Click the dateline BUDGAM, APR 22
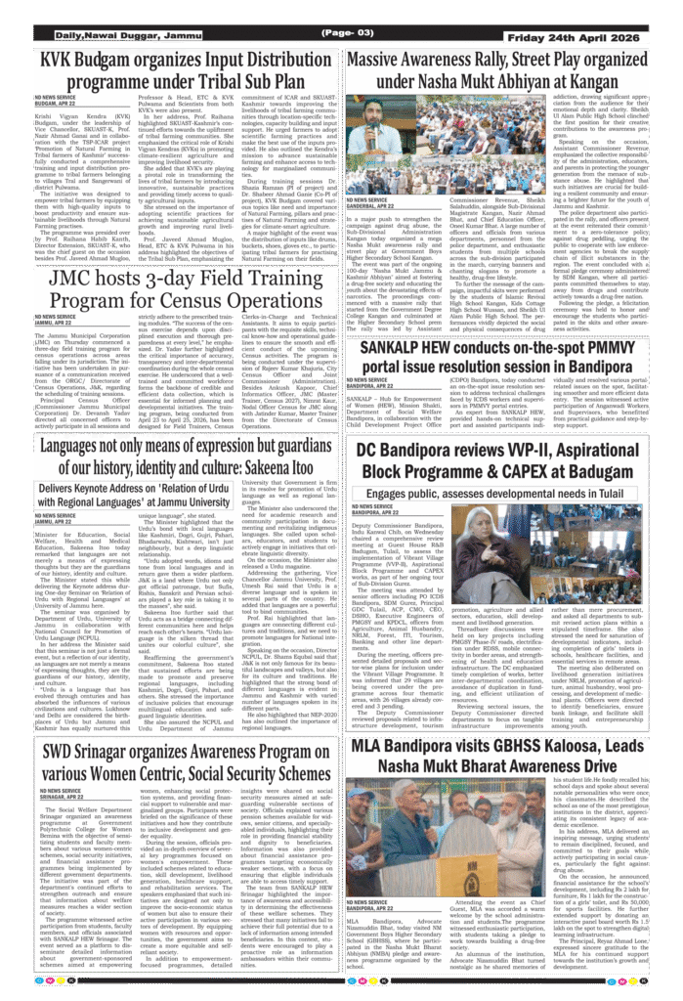(54, 107)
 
